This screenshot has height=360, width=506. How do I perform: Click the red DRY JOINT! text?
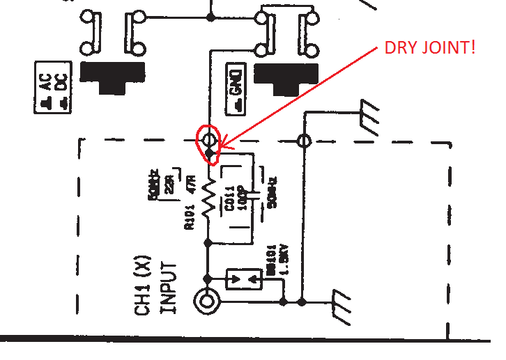[x=429, y=49]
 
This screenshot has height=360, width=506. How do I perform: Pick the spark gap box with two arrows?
[x=244, y=279]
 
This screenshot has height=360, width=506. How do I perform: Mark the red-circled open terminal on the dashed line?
[x=208, y=139]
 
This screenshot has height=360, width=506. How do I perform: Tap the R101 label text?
[x=187, y=216]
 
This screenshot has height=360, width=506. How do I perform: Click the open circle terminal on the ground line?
[x=303, y=141]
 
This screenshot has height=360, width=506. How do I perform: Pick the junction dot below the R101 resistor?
[x=208, y=242]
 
